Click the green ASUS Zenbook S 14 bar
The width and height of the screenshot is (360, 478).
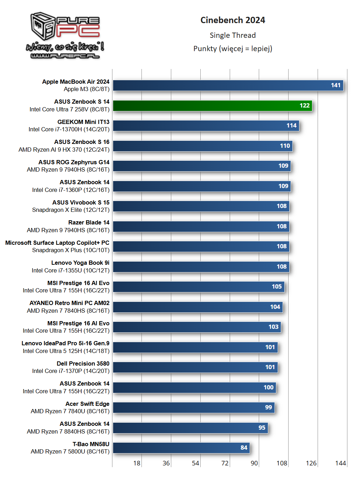click(212, 105)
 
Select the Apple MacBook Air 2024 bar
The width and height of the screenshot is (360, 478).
click(228, 85)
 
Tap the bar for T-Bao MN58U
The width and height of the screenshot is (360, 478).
click(181, 448)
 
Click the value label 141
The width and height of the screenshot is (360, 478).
click(335, 85)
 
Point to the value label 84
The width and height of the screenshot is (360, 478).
click(244, 448)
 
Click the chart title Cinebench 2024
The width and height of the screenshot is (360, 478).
click(233, 20)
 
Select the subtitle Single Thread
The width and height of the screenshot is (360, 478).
click(233, 35)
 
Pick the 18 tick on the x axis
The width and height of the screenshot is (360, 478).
click(137, 463)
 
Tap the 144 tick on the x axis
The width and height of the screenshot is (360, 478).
click(340, 463)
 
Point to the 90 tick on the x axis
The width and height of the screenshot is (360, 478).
click(254, 463)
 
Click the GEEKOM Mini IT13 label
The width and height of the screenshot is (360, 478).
click(83, 122)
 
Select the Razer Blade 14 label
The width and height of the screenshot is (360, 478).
click(89, 222)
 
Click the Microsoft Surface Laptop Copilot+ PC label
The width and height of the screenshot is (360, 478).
click(57, 243)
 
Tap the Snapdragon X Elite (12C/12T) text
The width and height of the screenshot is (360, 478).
click(71, 210)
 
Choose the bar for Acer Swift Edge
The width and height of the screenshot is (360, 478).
click(194, 407)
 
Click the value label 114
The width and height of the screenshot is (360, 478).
click(291, 125)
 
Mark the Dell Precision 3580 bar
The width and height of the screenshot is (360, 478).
click(195, 367)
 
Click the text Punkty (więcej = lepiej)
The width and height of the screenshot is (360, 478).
click(233, 49)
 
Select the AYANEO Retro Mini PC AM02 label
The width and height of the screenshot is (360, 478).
click(69, 303)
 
